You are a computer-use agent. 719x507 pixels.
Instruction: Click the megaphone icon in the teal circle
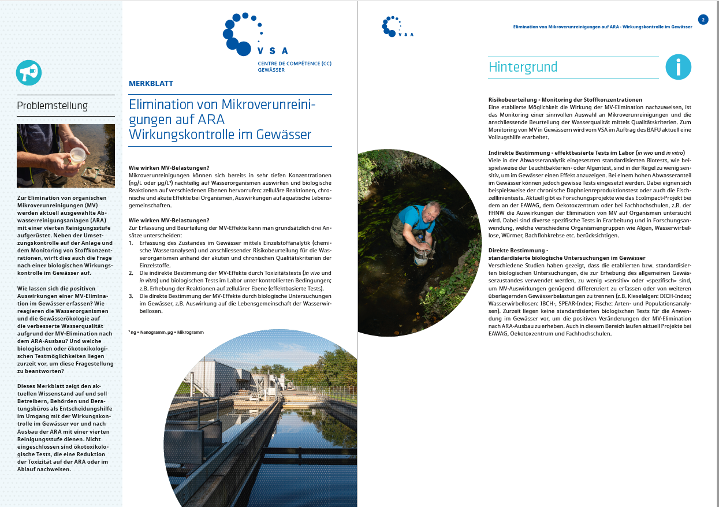pyautogui.click(x=29, y=73)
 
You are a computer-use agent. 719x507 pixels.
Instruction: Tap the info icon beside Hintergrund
pyautogui.click(x=679, y=67)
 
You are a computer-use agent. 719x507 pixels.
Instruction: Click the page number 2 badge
pyautogui.click(x=703, y=20)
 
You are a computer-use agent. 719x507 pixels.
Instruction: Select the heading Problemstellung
pyautogui.click(x=53, y=106)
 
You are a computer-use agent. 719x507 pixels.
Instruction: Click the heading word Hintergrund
pyautogui.click(x=523, y=67)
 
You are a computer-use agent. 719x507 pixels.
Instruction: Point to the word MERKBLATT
pyautogui.click(x=151, y=84)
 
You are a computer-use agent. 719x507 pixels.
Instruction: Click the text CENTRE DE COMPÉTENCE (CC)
pyautogui.click(x=295, y=64)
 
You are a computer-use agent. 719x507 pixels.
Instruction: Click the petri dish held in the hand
pyautogui.click(x=77, y=154)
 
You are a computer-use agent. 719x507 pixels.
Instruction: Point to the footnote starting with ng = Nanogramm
pyautogui.click(x=166, y=332)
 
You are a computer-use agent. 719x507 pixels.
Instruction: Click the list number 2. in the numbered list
pyautogui.click(x=131, y=273)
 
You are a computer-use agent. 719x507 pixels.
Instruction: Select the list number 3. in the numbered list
pyautogui.click(x=131, y=295)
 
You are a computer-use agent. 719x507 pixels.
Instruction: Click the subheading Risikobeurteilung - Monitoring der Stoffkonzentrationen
pyautogui.click(x=565, y=100)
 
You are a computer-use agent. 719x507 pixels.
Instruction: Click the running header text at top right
pyautogui.click(x=602, y=27)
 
